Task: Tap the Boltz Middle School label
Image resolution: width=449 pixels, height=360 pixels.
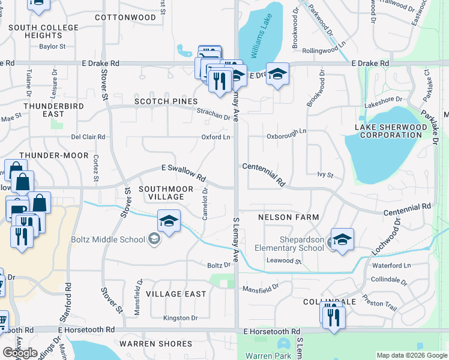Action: pyautogui.click(x=112, y=239)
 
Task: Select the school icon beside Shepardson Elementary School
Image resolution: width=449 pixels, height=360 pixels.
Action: pyautogui.click(x=342, y=240)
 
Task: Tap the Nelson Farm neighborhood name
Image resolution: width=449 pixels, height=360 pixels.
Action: pyautogui.click(x=288, y=217)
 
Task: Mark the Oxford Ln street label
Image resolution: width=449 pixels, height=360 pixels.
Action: pyautogui.click(x=215, y=137)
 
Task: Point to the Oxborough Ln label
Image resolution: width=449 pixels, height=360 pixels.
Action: pyautogui.click(x=286, y=131)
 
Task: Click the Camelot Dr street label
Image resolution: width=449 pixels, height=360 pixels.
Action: pyautogui.click(x=205, y=204)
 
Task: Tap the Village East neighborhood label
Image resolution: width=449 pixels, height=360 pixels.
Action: pyautogui.click(x=175, y=294)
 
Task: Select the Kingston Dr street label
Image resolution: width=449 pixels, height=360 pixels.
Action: pyautogui.click(x=181, y=318)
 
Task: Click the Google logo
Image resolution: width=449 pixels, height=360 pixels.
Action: pyautogui.click(x=20, y=353)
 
